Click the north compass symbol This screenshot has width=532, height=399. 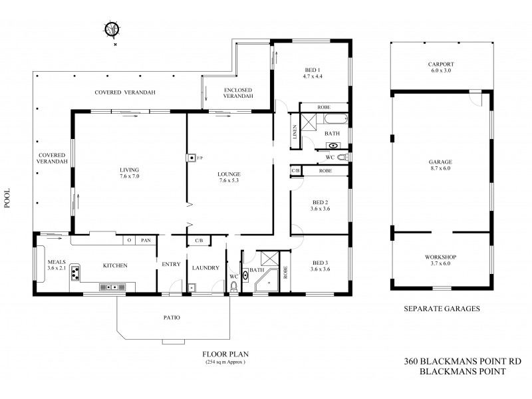coord(114,31)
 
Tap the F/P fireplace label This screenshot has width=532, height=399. coord(199,158)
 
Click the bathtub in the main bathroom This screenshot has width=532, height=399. coord(335,120)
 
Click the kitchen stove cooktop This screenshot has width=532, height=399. coord(76,273)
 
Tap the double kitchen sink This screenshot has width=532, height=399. coord(114,287)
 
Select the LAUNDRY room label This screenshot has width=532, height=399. coord(205,268)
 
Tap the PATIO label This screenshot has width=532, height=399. coord(171,317)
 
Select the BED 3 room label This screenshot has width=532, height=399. coord(321,265)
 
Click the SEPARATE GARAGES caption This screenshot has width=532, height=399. coord(442,309)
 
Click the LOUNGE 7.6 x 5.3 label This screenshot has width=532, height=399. coord(230,178)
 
